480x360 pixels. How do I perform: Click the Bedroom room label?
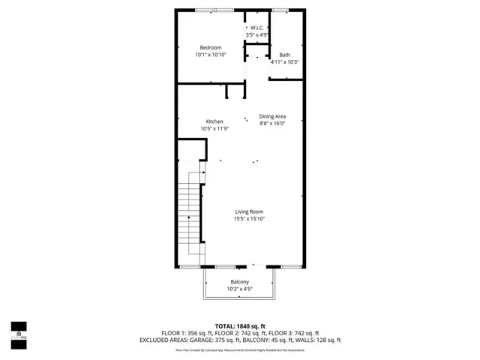coord(210,48)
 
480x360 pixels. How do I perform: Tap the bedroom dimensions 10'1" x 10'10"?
coord(210,55)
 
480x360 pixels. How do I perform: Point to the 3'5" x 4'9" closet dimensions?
coord(257,35)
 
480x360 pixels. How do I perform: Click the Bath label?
coord(285,55)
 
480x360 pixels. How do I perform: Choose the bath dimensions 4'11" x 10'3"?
coord(285,61)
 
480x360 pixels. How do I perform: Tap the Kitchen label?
coord(214,121)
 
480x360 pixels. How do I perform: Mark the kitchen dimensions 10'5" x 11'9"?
coord(214,128)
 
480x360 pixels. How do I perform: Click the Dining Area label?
coord(272,116)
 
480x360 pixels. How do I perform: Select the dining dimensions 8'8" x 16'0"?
coord(272,123)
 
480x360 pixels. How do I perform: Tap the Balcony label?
coord(240,282)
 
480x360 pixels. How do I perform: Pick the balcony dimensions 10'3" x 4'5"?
coord(240,289)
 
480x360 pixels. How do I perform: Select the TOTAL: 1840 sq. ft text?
coord(240,326)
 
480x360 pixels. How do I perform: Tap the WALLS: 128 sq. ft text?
coord(322,340)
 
